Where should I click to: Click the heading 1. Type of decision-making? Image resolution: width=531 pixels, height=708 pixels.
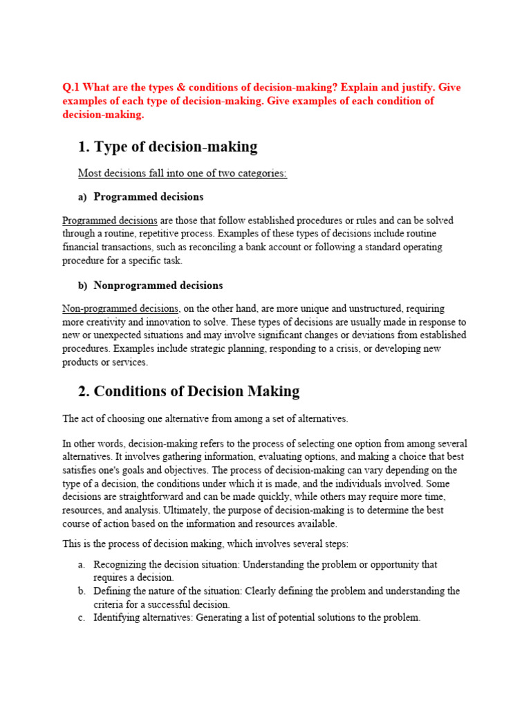pos(167,147)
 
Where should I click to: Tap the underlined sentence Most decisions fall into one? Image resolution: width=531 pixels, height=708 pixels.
pos(182,174)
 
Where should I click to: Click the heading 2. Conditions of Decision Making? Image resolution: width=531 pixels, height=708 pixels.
pos(188,391)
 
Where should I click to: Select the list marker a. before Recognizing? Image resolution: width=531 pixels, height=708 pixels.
pos(82,565)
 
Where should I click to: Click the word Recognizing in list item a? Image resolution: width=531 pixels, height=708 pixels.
pos(120,565)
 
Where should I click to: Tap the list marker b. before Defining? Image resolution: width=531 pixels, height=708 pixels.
pos(82,591)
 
